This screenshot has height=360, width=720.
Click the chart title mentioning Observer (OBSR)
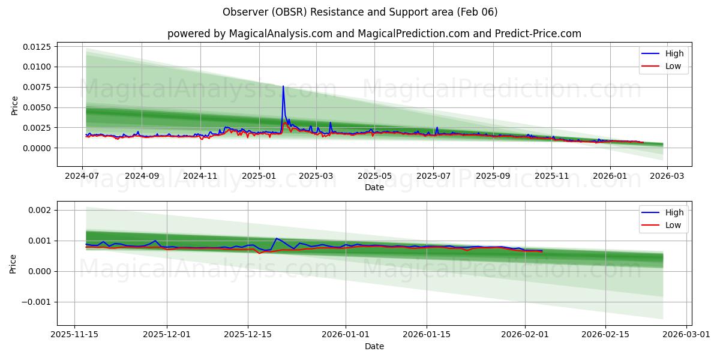click(x=360, y=12)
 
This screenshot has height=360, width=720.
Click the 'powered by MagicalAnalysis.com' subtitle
click(x=374, y=34)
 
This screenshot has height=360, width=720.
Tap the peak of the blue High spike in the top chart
click(x=283, y=86)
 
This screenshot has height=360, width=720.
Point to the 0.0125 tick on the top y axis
click(x=37, y=46)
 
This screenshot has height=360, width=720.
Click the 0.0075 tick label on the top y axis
click(x=37, y=87)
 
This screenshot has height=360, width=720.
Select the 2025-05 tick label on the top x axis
click(x=375, y=176)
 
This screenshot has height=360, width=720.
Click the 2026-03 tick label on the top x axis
click(x=667, y=176)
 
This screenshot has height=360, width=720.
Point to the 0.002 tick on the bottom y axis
click(x=42, y=210)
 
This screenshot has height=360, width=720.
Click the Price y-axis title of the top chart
click(x=15, y=106)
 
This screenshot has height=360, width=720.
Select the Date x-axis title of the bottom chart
click(x=374, y=346)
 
